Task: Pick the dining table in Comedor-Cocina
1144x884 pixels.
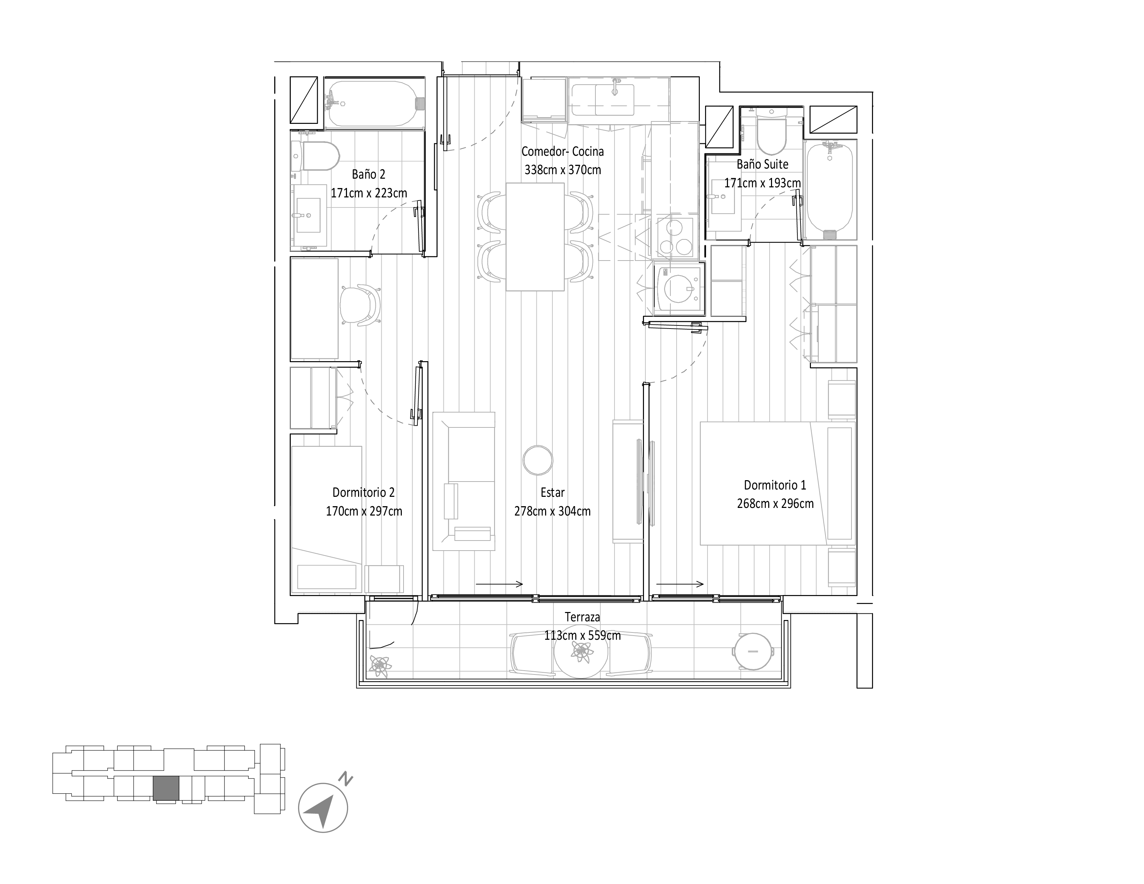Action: pos(535,237)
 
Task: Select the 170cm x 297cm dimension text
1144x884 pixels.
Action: pos(364,511)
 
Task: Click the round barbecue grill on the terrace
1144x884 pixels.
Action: pos(753,651)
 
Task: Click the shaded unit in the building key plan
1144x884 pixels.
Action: pos(166,788)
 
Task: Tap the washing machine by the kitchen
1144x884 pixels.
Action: pos(678,289)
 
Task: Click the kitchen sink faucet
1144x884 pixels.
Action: pos(616,86)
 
